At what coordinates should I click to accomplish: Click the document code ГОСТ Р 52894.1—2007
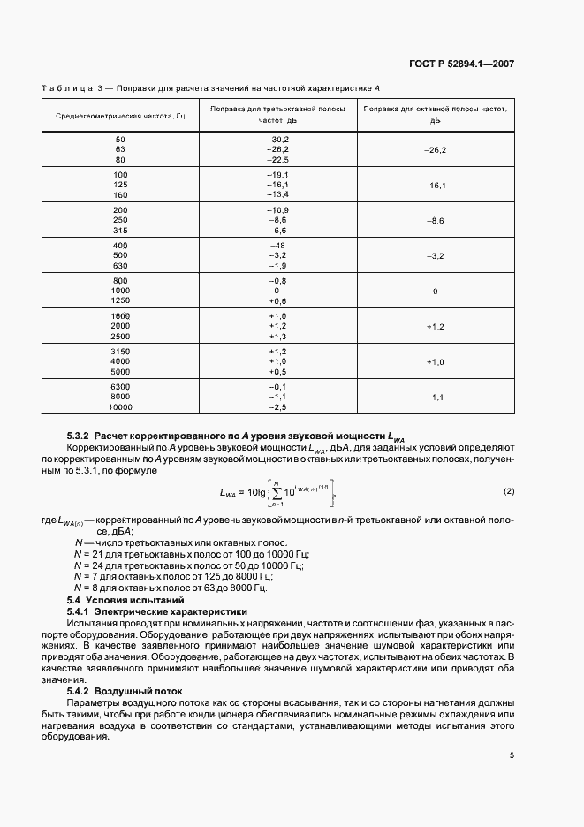coord(473,64)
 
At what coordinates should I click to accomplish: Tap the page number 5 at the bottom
coord(512,755)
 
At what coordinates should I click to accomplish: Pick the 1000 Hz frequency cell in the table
coord(120,290)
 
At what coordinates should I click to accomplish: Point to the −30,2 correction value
coord(278,140)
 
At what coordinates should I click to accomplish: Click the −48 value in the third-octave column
coord(278,243)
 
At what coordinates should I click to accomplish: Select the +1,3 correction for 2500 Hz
coord(278,337)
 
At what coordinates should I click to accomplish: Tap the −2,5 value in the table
coord(278,407)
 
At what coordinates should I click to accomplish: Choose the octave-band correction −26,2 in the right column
coord(435,150)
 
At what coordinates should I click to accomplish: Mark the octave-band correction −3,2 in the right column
coord(435,254)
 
